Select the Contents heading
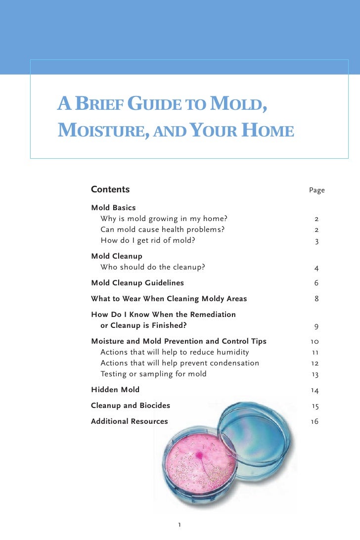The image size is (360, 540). click(x=110, y=189)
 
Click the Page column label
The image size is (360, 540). click(x=316, y=190)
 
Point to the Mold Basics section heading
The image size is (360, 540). click(x=113, y=208)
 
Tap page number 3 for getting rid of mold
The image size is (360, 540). click(x=316, y=242)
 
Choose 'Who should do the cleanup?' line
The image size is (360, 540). click(x=152, y=268)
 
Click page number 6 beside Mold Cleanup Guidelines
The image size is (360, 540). click(x=316, y=283)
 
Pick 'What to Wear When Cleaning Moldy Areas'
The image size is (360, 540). click(x=169, y=299)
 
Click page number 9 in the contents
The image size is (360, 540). click(x=316, y=326)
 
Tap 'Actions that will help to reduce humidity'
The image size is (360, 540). click(x=175, y=352)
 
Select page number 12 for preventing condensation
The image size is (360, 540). click(x=315, y=363)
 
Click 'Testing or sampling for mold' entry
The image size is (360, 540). click(x=153, y=374)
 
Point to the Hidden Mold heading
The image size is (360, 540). click(x=115, y=390)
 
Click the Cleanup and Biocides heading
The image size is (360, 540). click(x=130, y=405)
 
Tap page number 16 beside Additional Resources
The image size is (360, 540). click(x=315, y=422)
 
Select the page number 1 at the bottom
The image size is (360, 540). click(x=180, y=525)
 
